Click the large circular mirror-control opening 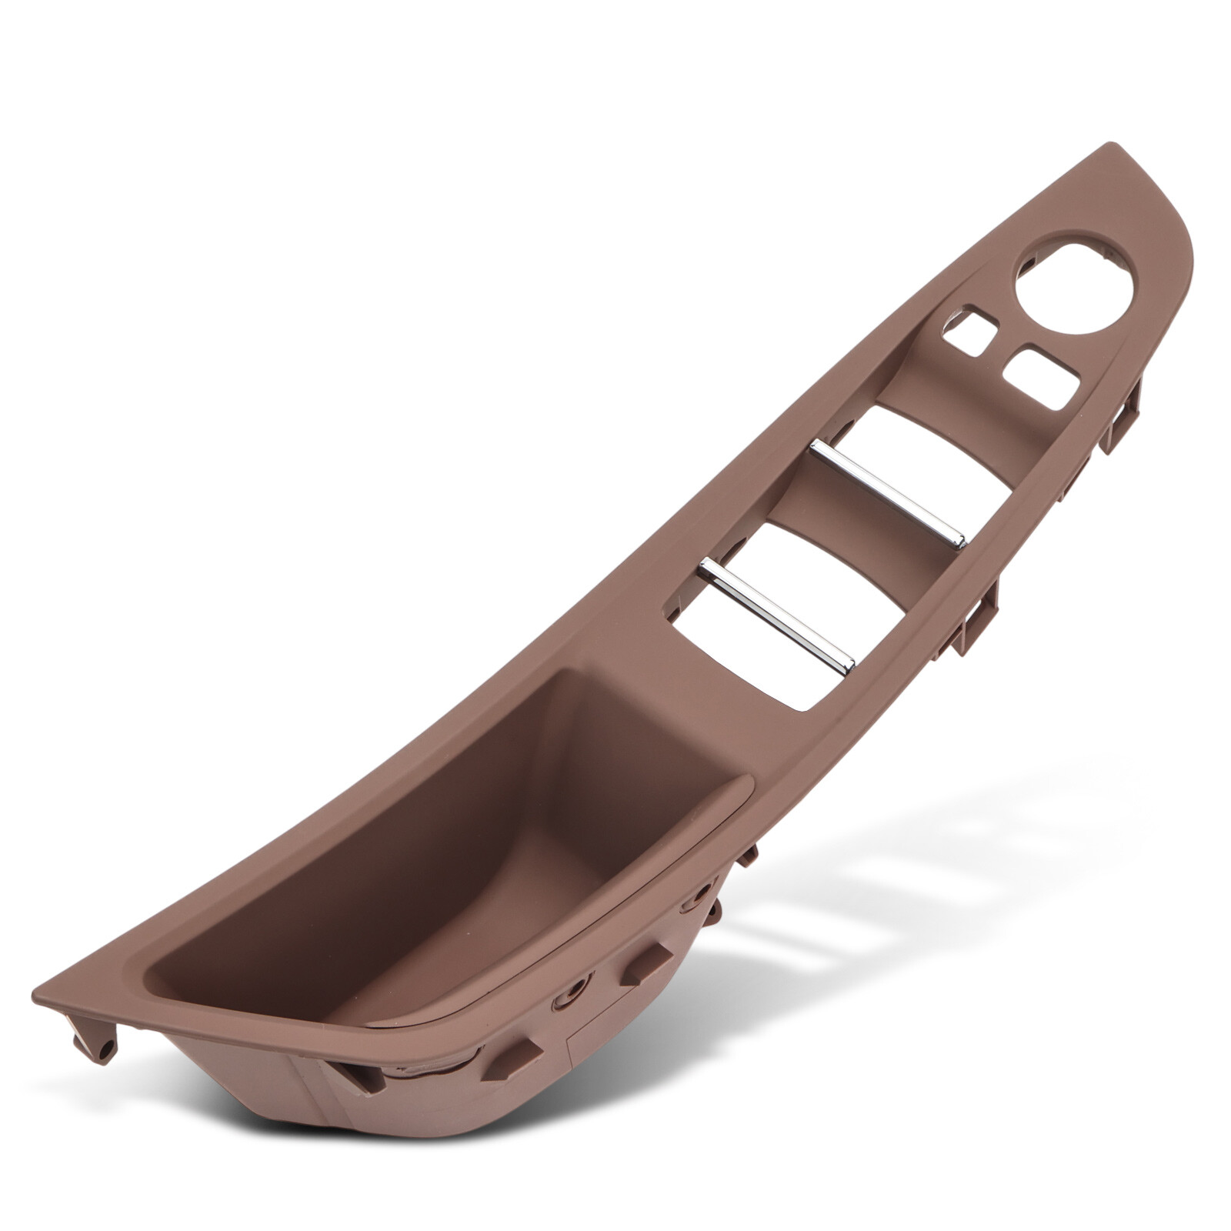[1074, 286]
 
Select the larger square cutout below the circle [1041, 377]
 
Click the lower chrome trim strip [777, 615]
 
